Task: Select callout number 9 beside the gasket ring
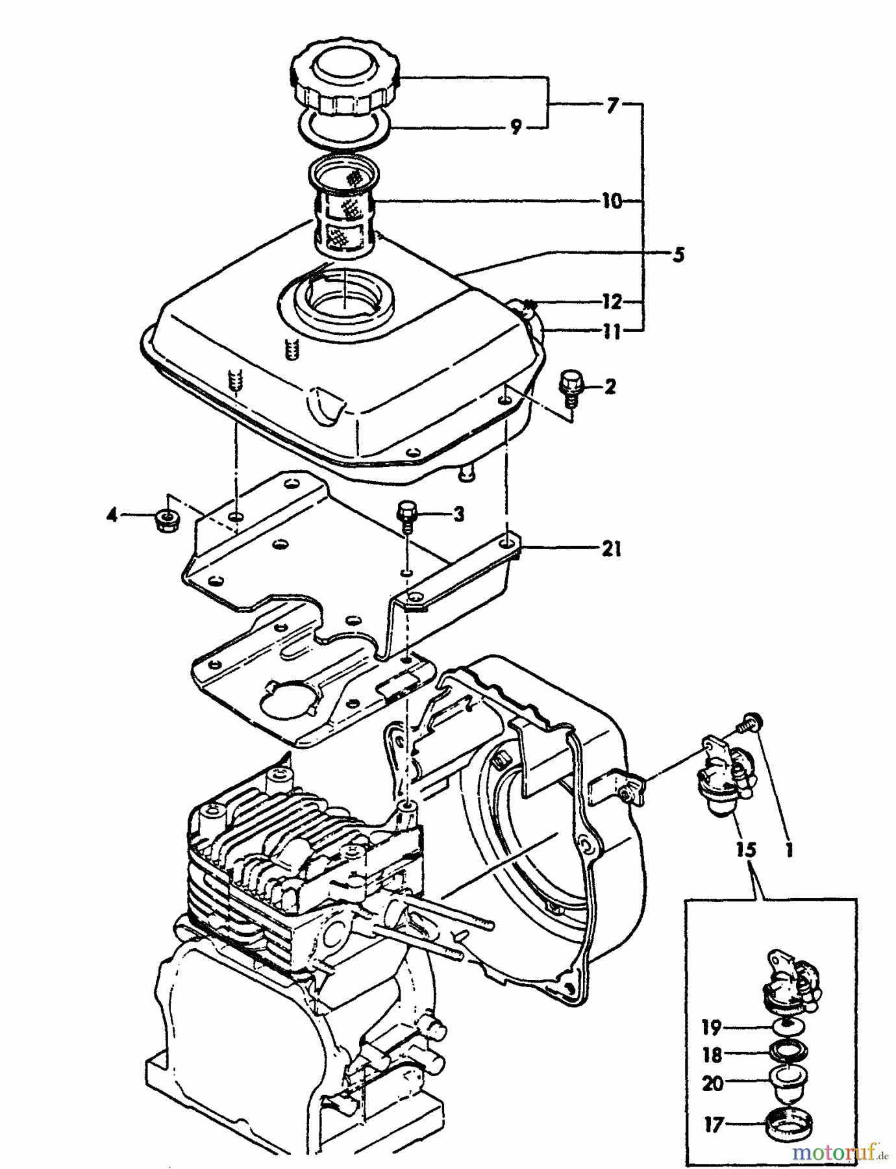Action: click(x=516, y=128)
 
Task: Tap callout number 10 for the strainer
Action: click(x=611, y=201)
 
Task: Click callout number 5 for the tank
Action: click(x=677, y=254)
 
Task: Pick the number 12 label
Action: click(x=611, y=302)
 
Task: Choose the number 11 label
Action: click(x=611, y=332)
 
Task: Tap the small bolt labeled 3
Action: click(x=407, y=513)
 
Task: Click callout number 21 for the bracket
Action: click(x=611, y=549)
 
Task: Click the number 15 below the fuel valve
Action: click(x=747, y=850)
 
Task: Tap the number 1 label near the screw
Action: click(x=790, y=850)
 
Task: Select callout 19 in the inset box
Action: click(x=712, y=1027)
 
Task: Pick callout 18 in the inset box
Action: click(x=712, y=1055)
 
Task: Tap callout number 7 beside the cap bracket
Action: click(x=611, y=105)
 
